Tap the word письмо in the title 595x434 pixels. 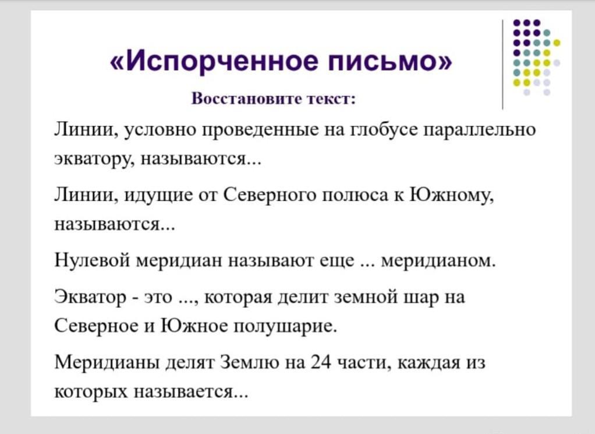383,62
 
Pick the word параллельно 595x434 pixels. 480,130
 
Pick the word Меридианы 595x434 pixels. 107,362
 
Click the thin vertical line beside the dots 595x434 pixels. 503,65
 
